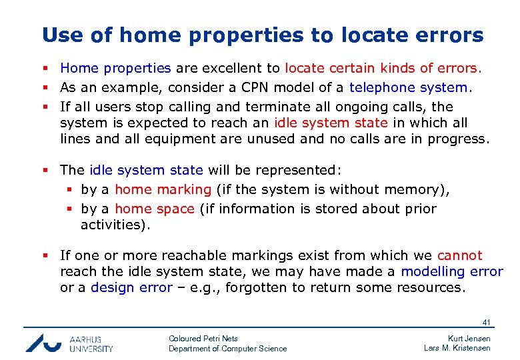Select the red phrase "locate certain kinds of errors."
(383, 68)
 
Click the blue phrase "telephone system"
(409, 87)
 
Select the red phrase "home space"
(155, 209)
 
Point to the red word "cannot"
(459, 255)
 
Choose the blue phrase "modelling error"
(451, 271)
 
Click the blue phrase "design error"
(131, 288)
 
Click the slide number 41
(486, 323)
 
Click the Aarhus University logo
(69, 343)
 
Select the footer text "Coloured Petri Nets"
(203, 339)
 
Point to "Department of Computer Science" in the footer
(227, 349)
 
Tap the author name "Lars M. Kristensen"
(457, 349)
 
